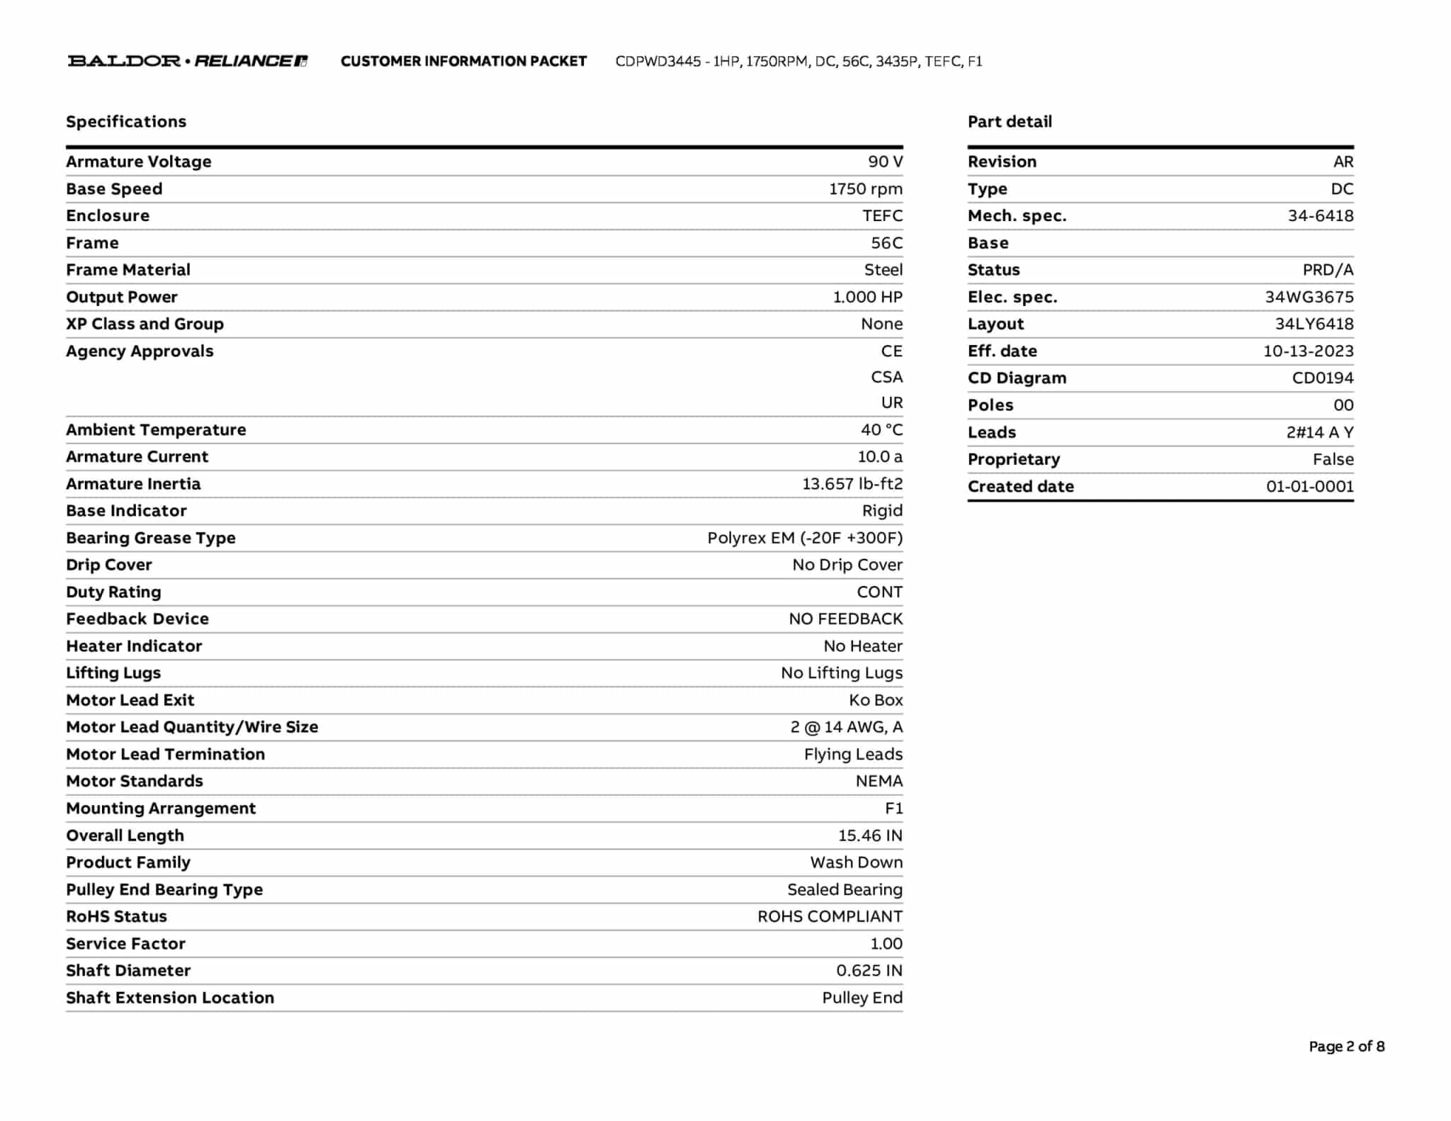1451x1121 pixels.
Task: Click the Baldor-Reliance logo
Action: point(187,61)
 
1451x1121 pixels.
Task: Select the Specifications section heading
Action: point(126,121)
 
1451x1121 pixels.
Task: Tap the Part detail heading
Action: point(1010,121)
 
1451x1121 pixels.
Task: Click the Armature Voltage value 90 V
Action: point(885,162)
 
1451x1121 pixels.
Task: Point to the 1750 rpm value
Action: point(865,189)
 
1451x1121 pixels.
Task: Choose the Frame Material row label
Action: point(128,270)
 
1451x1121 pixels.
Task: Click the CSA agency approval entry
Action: point(886,377)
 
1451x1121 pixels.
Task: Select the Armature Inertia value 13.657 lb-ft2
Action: point(852,484)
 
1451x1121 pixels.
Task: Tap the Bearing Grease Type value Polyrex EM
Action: point(804,538)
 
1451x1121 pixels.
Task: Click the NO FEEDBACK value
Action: point(845,619)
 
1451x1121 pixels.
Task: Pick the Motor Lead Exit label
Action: point(130,700)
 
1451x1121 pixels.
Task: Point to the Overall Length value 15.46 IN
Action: point(870,835)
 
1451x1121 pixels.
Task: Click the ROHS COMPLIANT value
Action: point(830,916)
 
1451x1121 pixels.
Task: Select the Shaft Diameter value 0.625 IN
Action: point(869,971)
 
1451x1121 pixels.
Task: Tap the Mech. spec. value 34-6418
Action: point(1320,216)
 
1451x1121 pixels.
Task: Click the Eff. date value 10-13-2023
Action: point(1308,351)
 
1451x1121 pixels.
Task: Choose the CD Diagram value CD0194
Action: point(1322,378)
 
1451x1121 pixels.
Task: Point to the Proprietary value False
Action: point(1333,459)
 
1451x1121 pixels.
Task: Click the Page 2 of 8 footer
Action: point(1346,1047)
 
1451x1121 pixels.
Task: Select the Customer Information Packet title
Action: point(463,62)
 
